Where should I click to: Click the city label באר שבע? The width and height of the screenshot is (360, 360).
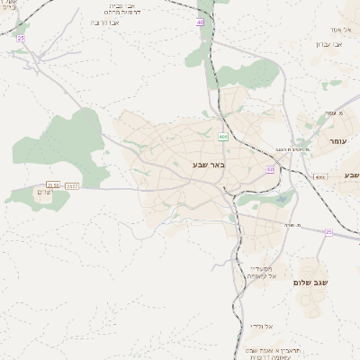coord(208,165)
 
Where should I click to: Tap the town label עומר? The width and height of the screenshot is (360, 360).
coord(337,141)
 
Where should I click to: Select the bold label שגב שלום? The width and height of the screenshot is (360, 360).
coord(310,282)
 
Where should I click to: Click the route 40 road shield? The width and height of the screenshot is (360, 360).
coord(200,21)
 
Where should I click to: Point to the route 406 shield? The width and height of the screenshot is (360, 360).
coord(222,137)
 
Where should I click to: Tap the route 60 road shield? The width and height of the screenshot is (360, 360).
coord(270,169)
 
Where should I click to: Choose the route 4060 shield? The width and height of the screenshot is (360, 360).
coord(320,177)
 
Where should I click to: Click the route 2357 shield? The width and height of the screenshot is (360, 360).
coord(72,186)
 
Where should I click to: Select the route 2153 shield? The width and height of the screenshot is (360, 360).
coord(53,185)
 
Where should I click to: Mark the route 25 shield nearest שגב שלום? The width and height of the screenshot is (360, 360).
coord(328,232)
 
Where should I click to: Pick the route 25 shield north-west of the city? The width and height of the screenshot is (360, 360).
coord(20,39)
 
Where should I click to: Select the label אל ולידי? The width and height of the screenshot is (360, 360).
coord(262,325)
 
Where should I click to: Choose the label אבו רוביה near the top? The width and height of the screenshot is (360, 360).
coord(106,22)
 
